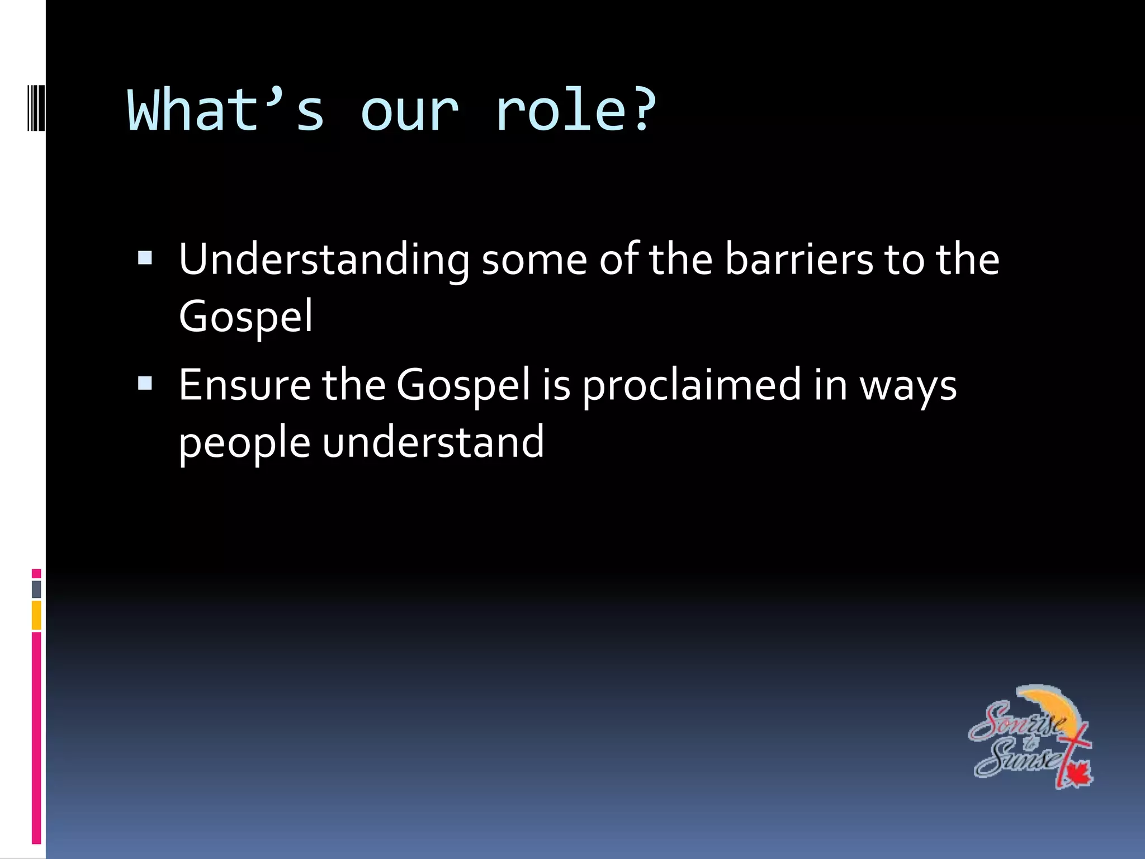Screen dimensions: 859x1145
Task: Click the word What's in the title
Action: pyautogui.click(x=226, y=111)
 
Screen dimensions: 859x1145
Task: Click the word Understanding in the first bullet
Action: pyautogui.click(x=324, y=260)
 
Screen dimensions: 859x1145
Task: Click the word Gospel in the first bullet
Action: pyautogui.click(x=245, y=317)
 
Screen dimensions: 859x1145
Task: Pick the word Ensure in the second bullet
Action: pyautogui.click(x=244, y=385)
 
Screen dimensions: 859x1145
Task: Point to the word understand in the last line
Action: pyautogui.click(x=433, y=442)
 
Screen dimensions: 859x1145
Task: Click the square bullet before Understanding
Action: pyautogui.click(x=145, y=258)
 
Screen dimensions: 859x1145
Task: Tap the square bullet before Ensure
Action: pyautogui.click(x=145, y=383)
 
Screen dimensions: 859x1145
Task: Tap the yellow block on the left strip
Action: pyautogui.click(x=36, y=615)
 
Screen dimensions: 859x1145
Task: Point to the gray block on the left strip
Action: pyautogui.click(x=36, y=589)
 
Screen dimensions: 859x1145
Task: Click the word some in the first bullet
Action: pyautogui.click(x=534, y=260)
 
